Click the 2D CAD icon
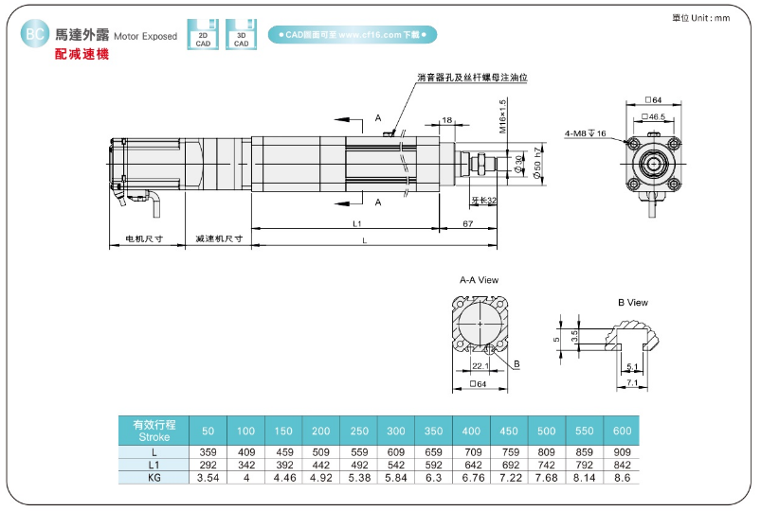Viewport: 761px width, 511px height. (203, 34)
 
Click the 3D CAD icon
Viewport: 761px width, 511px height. (242, 34)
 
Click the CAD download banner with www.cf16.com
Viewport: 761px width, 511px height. (353, 34)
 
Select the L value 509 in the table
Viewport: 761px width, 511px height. (321, 451)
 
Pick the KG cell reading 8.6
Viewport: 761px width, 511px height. (621, 478)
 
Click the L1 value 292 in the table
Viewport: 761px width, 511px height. (208, 465)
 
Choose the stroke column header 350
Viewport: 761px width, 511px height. (434, 431)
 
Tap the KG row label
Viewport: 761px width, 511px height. (154, 478)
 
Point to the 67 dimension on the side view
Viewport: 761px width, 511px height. (468, 222)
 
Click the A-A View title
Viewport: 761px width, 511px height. (479, 280)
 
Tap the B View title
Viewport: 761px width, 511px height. (632, 303)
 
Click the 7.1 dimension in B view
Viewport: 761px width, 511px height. (632, 383)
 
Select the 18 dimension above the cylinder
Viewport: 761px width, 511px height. (447, 120)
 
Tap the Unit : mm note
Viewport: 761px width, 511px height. (700, 17)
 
